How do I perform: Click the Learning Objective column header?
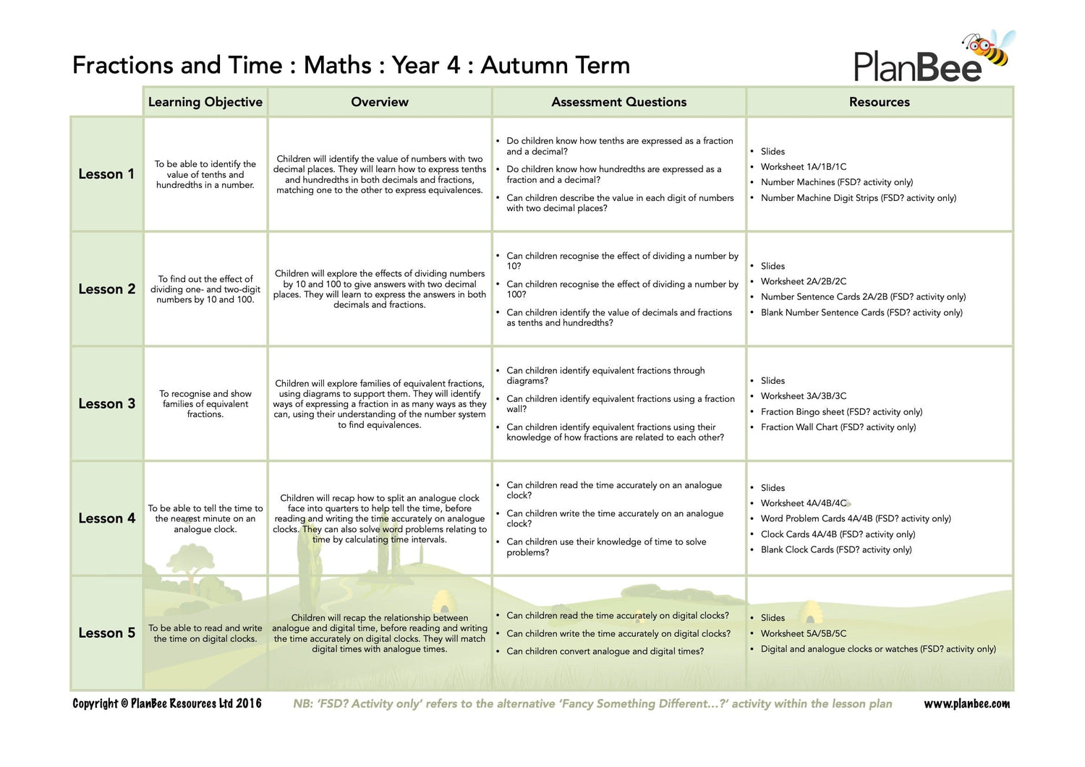(205, 102)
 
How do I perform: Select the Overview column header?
(380, 102)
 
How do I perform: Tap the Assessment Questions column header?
(619, 102)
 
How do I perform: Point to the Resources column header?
(880, 102)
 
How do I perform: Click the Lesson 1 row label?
(106, 174)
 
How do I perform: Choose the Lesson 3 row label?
(106, 403)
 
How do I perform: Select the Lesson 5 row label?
(106, 633)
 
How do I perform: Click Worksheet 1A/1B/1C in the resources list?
(803, 167)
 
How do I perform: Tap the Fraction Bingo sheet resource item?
(841, 412)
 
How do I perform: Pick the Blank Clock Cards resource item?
(835, 550)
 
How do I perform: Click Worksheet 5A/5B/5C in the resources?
(803, 634)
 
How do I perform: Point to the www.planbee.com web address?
(966, 704)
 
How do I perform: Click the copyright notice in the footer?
(167, 704)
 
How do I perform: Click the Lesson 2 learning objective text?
(205, 289)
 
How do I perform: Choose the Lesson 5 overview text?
(380, 633)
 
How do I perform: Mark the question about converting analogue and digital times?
(605, 651)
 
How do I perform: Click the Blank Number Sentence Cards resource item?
(861, 313)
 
